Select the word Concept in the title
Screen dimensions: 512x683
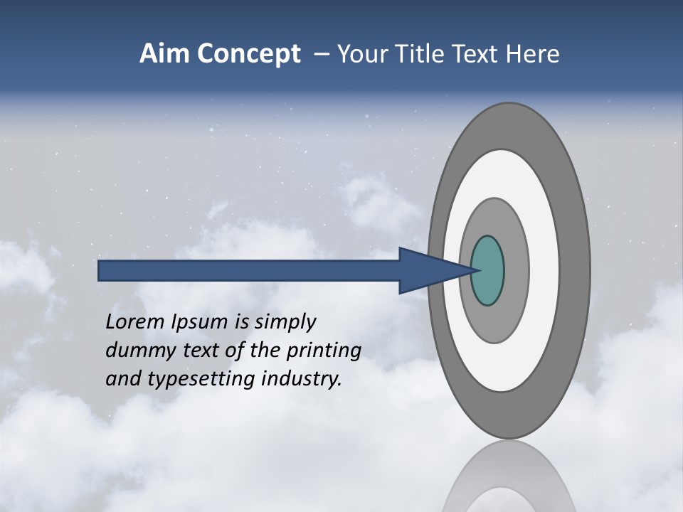(248, 54)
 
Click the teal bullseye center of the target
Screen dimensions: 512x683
(487, 270)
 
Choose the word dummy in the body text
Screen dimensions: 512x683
(135, 351)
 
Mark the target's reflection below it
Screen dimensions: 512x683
(509, 476)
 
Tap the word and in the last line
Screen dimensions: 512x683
(122, 379)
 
